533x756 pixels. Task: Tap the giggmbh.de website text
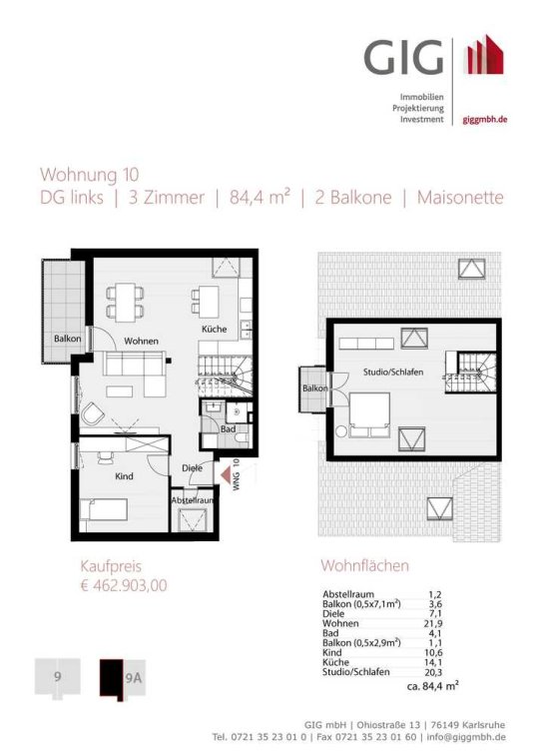485,120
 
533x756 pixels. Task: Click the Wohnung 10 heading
90,175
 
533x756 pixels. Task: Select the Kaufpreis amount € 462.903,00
124,585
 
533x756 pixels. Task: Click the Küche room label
214,329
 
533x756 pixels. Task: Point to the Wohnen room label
141,341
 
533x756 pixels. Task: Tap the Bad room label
228,428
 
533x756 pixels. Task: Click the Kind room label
124,476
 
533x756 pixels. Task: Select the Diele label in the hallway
192,468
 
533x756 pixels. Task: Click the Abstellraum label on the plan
193,500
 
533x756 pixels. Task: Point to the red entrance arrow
226,474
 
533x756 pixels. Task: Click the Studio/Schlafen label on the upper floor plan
393,373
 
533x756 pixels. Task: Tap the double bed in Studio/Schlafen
369,415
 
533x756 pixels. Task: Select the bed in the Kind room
104,509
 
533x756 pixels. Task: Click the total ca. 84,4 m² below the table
433,686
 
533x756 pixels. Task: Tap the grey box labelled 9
57,677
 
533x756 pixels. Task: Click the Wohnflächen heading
364,565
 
